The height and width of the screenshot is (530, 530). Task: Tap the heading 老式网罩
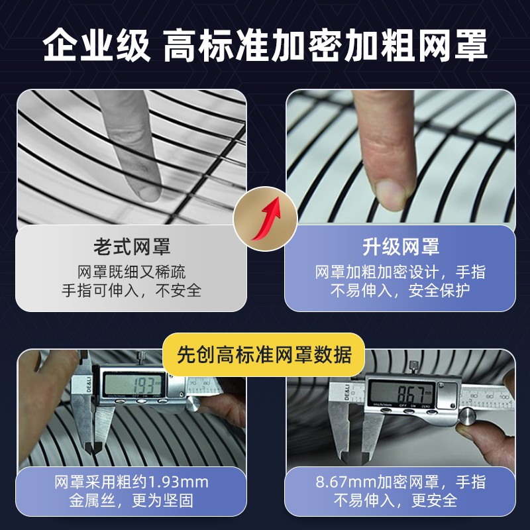pos(132,247)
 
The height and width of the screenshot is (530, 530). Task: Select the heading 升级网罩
pos(401,247)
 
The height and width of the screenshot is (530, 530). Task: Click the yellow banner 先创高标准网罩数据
pos(264,354)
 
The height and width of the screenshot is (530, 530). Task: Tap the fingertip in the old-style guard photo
pos(148,191)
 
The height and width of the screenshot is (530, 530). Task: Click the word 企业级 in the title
pos(97,45)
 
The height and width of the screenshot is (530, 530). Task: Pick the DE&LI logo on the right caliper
pos(346,393)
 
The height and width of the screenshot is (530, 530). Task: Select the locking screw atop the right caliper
pos(413,368)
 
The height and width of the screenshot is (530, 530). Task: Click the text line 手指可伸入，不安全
pos(131,290)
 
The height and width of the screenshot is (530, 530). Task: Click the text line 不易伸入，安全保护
pos(400,290)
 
